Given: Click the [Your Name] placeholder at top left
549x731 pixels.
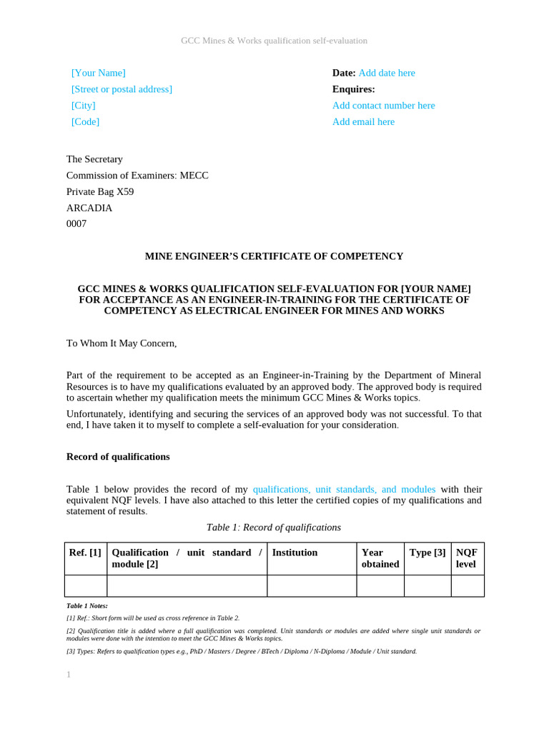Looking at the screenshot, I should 98,73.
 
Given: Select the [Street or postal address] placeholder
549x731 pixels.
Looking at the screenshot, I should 122,89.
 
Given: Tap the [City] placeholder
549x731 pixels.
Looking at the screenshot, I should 83,106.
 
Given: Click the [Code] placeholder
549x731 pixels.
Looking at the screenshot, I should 85,122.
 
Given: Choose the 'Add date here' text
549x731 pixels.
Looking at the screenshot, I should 386,73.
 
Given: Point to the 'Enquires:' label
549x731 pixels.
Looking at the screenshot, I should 353,89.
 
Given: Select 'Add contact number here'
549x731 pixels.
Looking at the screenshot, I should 383,106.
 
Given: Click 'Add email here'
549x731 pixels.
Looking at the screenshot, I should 363,122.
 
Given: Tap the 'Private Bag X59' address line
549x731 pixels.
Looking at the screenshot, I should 100,192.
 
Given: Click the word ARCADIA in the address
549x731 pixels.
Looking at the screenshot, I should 89,208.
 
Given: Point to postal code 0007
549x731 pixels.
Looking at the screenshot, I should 76,224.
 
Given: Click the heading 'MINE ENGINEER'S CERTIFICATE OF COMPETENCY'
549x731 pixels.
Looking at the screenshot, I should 274,256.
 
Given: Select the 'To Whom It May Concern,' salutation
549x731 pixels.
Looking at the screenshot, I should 122,343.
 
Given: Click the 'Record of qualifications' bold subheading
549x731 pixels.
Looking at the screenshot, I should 118,457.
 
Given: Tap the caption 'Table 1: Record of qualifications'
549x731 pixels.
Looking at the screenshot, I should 274,528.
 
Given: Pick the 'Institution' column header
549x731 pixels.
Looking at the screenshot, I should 295,553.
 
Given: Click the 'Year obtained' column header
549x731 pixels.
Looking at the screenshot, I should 380,558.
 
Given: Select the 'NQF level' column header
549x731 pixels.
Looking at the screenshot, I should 467,558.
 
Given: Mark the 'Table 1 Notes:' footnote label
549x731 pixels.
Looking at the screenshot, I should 86,605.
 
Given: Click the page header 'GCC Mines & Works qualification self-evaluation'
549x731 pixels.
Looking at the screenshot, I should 274,41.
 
